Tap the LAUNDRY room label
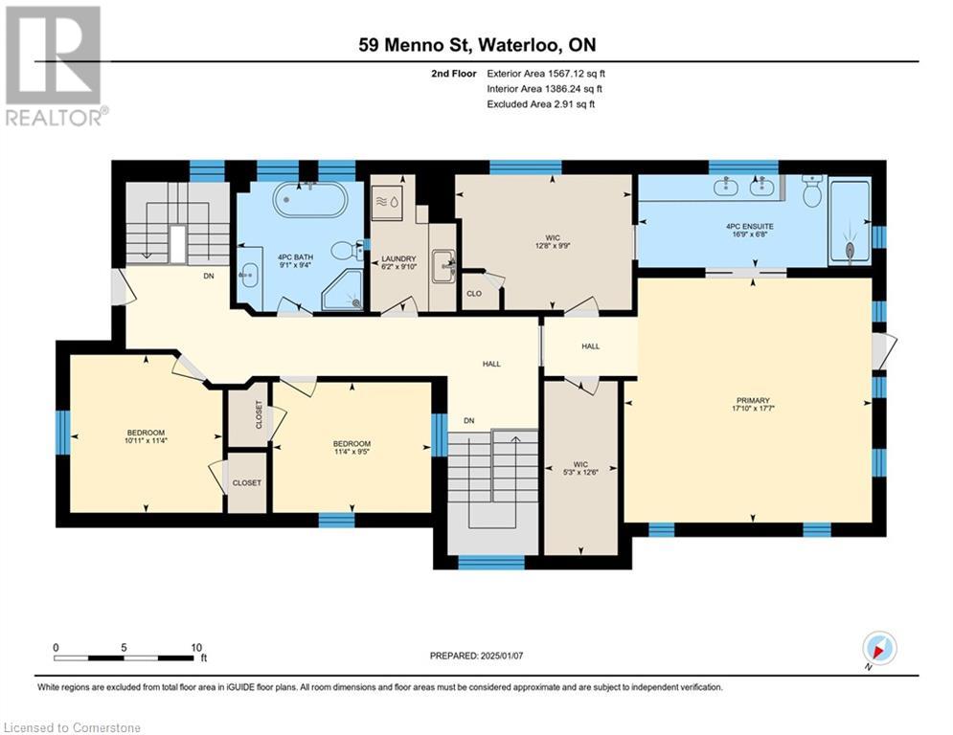(x=397, y=258)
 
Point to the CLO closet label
(x=474, y=294)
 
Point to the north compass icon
(x=878, y=648)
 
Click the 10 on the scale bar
(x=195, y=646)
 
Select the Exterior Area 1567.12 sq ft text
(x=546, y=73)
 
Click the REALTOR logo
(x=54, y=65)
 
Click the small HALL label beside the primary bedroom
(x=590, y=345)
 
